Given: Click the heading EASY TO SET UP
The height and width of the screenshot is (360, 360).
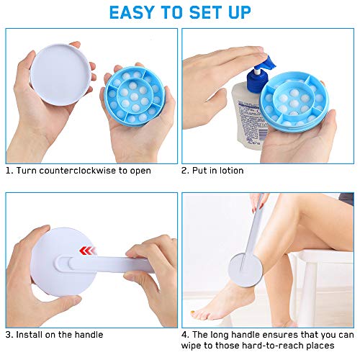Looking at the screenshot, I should pyautogui.click(x=180, y=12).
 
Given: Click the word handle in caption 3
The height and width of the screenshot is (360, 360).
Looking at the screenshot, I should pyautogui.click(x=87, y=334).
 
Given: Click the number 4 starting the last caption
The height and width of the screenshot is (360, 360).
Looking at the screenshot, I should pyautogui.click(x=185, y=334).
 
